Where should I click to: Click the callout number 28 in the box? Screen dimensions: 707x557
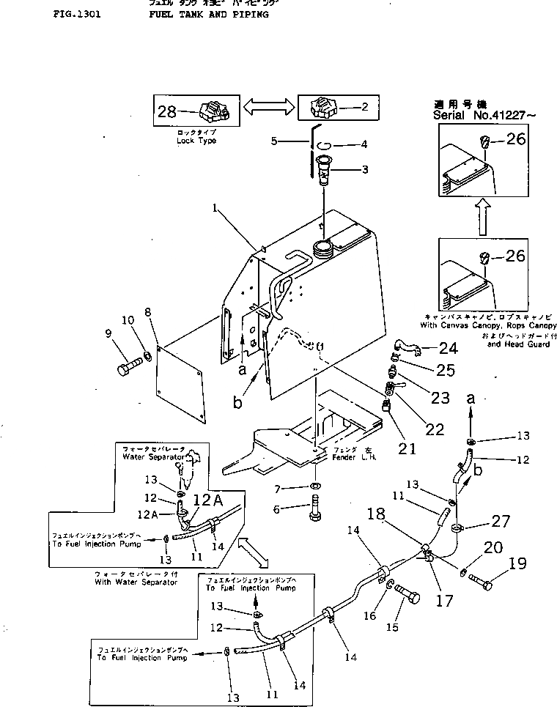pos(168,111)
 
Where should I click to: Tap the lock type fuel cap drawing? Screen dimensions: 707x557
pos(214,112)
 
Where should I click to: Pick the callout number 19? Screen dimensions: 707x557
pos(517,564)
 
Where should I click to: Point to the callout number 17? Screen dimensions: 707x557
pos(444,601)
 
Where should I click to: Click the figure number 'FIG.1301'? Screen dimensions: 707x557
pos(77,14)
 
